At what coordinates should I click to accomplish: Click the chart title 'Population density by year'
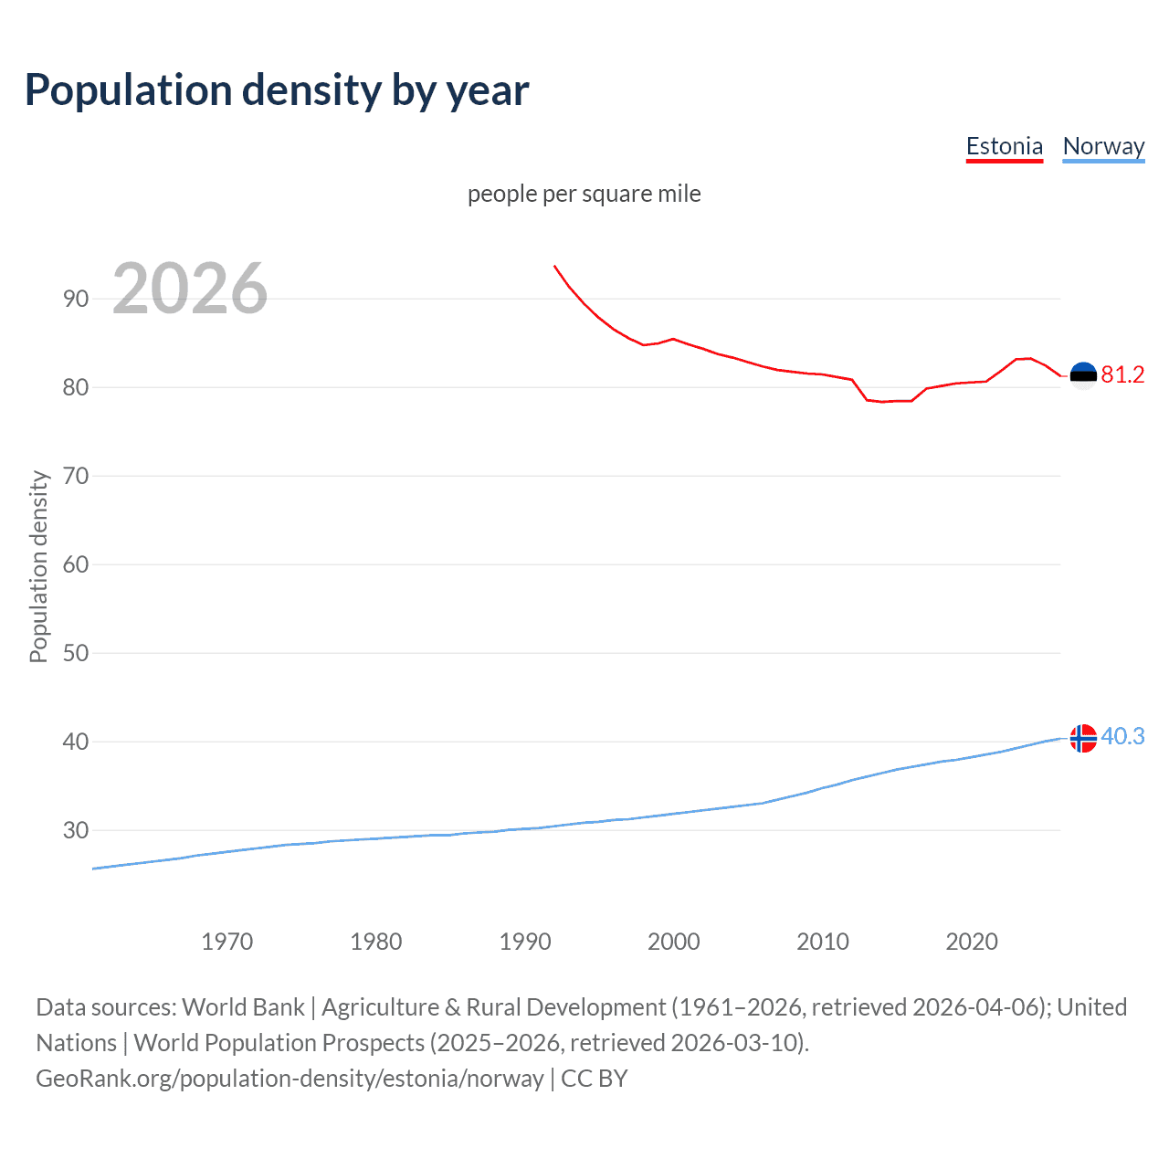tap(277, 90)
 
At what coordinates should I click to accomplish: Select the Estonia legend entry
tap(1004, 146)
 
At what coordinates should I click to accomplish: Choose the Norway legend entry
tap(1103, 146)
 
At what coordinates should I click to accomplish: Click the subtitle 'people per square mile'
tap(584, 194)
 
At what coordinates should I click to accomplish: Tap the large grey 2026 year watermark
tap(190, 289)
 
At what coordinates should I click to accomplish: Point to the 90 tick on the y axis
tap(76, 299)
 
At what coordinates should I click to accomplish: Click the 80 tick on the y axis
tap(76, 387)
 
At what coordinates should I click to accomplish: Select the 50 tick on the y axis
tap(76, 653)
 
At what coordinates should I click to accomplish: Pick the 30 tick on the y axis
tap(76, 830)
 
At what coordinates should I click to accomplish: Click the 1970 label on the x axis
tap(226, 942)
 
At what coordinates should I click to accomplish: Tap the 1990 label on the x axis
tap(525, 942)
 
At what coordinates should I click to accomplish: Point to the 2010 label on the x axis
tap(823, 942)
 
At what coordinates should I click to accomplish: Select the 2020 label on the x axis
tap(972, 942)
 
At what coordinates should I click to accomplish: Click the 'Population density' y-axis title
tap(38, 566)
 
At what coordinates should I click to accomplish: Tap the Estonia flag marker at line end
tap(1083, 375)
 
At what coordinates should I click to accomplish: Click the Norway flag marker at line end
tap(1083, 738)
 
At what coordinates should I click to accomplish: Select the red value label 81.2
tap(1122, 375)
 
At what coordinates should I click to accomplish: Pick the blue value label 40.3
tap(1122, 737)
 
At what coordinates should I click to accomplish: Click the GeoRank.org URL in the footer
tap(290, 1079)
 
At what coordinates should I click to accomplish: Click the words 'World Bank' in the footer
tap(243, 1007)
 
